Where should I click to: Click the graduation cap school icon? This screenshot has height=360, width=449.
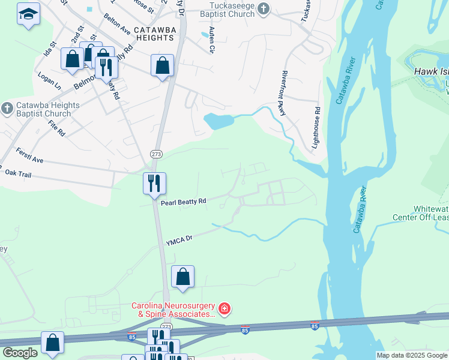pyautogui.click(x=27, y=13)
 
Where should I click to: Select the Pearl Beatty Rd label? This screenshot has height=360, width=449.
pyautogui.click(x=183, y=202)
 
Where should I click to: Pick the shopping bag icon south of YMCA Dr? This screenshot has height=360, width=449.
pyautogui.click(x=183, y=276)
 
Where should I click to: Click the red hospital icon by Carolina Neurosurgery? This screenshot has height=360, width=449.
pyautogui.click(x=224, y=310)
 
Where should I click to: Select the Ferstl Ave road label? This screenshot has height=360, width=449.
pyautogui.click(x=29, y=156)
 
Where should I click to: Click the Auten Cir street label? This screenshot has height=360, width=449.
pyautogui.click(x=211, y=40)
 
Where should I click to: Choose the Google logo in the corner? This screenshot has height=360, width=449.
pyautogui.click(x=20, y=353)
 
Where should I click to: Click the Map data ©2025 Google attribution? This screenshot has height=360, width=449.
pyautogui.click(x=411, y=355)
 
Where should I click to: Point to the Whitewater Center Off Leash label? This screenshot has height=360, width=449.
pyautogui.click(x=420, y=212)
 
